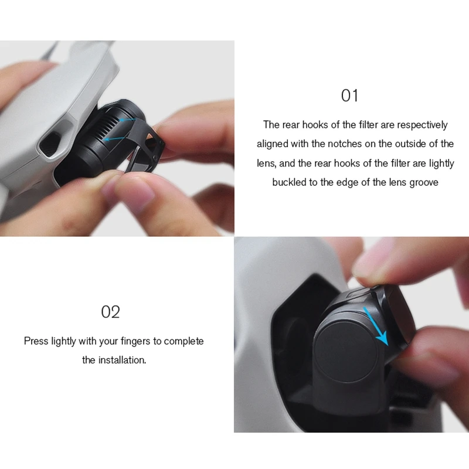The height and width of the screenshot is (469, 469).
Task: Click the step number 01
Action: (349, 95)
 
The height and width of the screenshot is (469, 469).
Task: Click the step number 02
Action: (110, 311)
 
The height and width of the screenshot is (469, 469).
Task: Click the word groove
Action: (424, 182)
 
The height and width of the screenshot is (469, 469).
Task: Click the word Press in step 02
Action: (36, 341)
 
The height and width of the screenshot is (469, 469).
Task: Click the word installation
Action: (121, 360)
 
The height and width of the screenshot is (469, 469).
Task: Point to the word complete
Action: (184, 341)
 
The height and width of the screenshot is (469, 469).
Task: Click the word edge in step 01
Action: (352, 182)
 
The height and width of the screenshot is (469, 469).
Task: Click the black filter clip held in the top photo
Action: (144, 147)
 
